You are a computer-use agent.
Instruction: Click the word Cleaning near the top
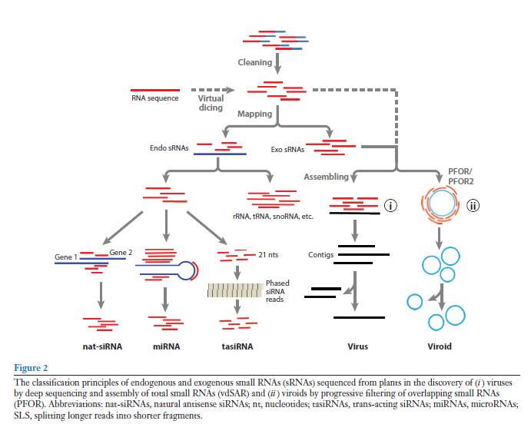pyautogui.click(x=254, y=62)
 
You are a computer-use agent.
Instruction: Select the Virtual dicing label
pyautogui.click(x=211, y=103)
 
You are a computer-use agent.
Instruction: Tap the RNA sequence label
pyautogui.click(x=154, y=98)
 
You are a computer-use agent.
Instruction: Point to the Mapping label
pyautogui.click(x=254, y=114)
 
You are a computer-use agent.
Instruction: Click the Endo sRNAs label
pyautogui.click(x=170, y=147)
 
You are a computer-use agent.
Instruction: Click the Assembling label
pyautogui.click(x=327, y=176)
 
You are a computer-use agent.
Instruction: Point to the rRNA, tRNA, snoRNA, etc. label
pyautogui.click(x=267, y=217)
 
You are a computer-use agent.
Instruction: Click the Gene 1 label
pyautogui.click(x=65, y=257)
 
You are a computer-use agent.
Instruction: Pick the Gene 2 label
pyautogui.click(x=121, y=252)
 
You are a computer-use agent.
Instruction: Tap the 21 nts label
pyautogui.click(x=270, y=253)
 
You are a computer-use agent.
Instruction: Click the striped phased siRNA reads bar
pyautogui.click(x=234, y=290)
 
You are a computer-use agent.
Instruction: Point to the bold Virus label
pyautogui.click(x=357, y=346)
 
